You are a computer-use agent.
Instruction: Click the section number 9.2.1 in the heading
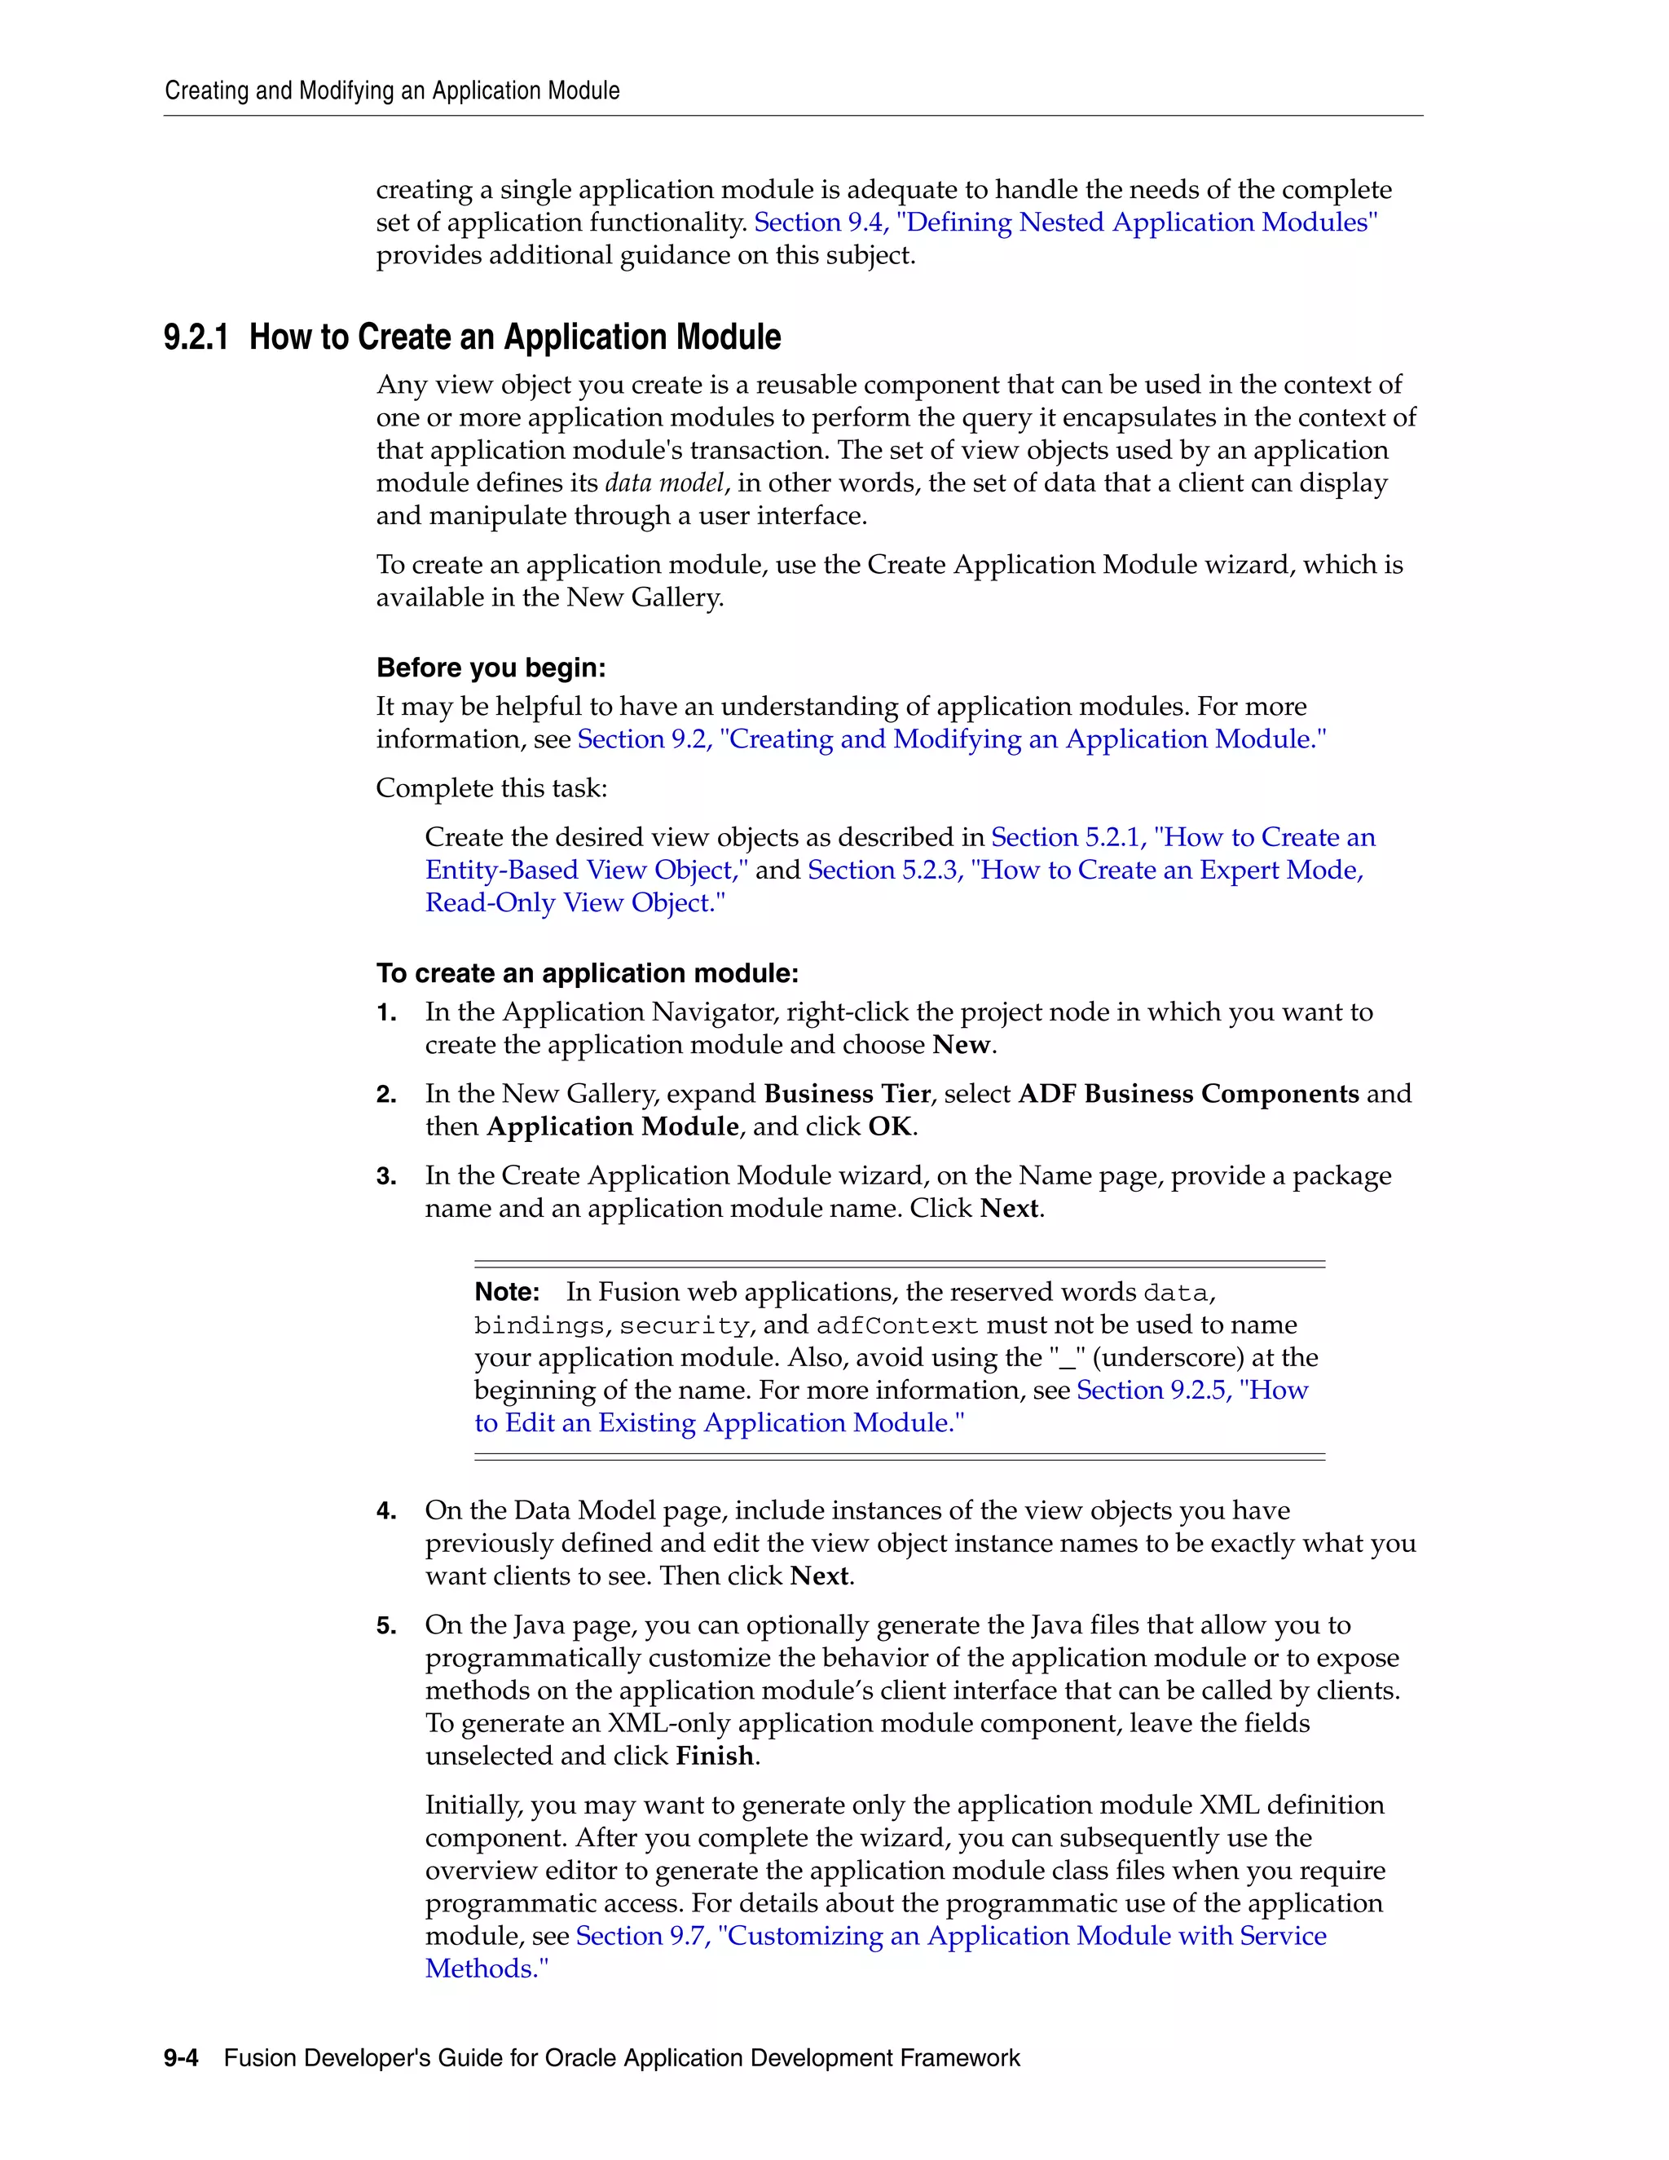196,338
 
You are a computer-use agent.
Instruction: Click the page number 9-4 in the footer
181,2058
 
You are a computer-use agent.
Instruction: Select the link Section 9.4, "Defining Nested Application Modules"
1066,223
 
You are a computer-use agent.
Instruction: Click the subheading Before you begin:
491,668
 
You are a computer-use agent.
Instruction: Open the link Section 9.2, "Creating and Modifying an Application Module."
951,740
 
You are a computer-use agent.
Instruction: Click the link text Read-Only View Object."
575,903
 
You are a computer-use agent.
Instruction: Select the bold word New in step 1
961,1046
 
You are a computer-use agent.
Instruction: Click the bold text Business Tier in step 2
848,1095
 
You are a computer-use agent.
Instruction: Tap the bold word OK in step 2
890,1127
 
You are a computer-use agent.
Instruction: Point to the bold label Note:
506,1293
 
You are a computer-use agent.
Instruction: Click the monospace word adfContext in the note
896,1326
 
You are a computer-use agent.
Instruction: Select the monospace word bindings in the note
539,1326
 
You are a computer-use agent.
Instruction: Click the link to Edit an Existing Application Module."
719,1423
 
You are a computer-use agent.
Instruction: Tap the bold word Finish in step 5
715,1757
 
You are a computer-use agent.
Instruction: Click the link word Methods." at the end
487,1969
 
